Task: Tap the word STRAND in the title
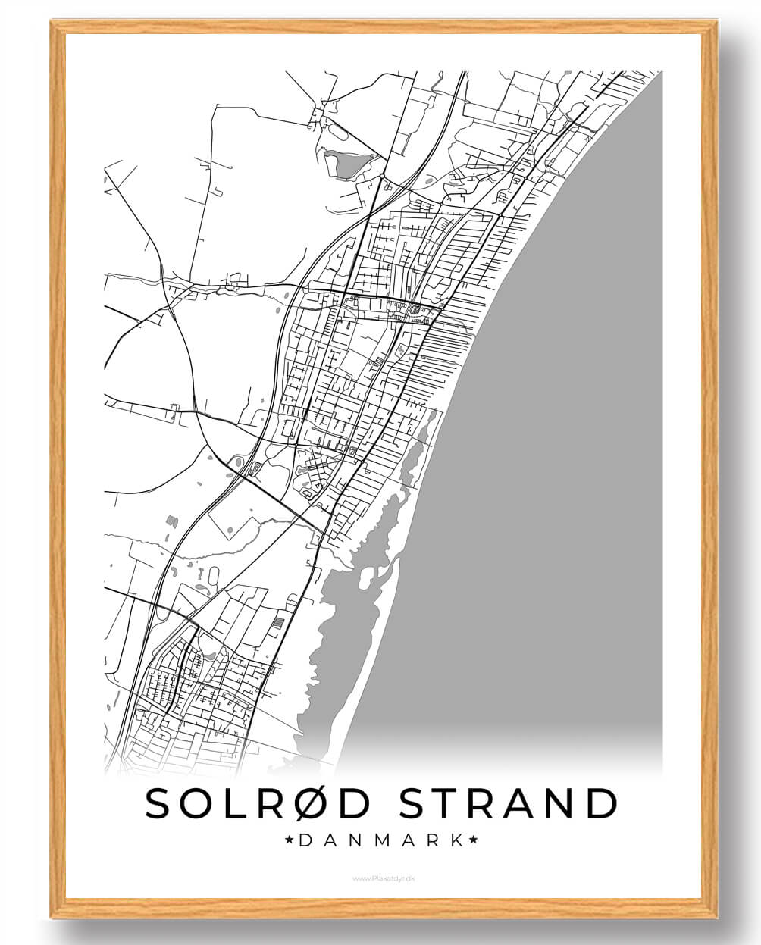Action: [x=507, y=803]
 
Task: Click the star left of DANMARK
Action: [x=290, y=840]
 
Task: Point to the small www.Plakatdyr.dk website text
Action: [x=384, y=878]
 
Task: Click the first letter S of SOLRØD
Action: [x=160, y=803]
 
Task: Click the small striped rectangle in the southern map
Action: [x=279, y=624]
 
